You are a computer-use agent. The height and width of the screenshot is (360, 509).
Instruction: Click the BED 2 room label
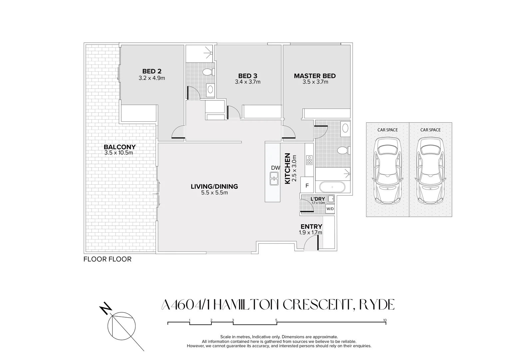pos(152,71)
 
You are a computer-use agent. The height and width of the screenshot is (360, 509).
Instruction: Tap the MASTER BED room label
pos(315,76)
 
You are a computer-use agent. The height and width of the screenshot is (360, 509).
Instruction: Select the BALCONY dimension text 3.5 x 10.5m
pos(119,153)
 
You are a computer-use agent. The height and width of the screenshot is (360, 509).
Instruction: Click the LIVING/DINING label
pos(214,186)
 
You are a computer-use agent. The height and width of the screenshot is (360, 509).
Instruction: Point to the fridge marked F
pos(307,186)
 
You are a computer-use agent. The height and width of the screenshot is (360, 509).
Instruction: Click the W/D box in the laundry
pos(330,209)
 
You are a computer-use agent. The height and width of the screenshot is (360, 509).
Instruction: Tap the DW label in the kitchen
pos(275,168)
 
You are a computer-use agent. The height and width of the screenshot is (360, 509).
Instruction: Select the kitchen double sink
pos(274,179)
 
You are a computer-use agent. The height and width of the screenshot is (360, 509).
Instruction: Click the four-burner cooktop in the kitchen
pos(309,160)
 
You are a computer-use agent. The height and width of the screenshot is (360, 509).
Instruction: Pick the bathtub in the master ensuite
pos(332,187)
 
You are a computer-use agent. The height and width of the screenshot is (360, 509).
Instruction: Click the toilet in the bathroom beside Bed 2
pos(208,72)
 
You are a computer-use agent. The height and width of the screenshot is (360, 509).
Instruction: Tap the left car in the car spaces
pos(387,171)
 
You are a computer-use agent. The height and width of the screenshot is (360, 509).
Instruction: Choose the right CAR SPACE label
pos(430,130)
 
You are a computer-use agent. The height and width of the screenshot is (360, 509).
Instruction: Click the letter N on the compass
pos(106,308)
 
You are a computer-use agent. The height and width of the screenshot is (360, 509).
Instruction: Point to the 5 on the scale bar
pos(276,320)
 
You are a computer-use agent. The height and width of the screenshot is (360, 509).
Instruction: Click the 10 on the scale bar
pos(385,320)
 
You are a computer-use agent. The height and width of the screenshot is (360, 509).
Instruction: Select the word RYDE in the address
pos(377,305)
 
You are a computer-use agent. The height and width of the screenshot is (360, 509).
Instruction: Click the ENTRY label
pos(311,227)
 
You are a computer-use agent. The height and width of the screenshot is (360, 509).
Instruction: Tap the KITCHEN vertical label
pos(287,168)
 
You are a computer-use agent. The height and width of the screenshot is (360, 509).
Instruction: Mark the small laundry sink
pos(331,199)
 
